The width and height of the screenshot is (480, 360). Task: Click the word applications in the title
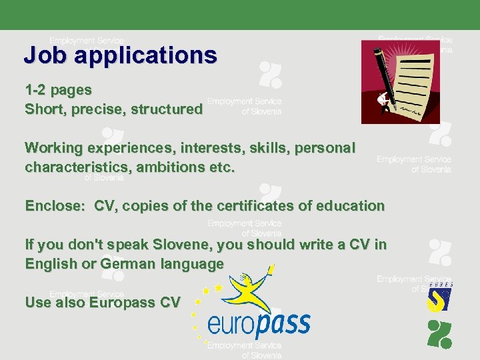click(x=145, y=55)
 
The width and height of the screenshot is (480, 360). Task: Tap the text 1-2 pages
click(x=58, y=89)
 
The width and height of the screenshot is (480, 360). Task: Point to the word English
click(x=51, y=264)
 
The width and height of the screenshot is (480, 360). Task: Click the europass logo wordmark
click(x=259, y=325)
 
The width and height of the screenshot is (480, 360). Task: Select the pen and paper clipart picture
click(x=400, y=81)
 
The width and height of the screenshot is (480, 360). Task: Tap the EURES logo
click(x=439, y=297)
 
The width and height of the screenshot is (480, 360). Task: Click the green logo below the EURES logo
click(x=439, y=333)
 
